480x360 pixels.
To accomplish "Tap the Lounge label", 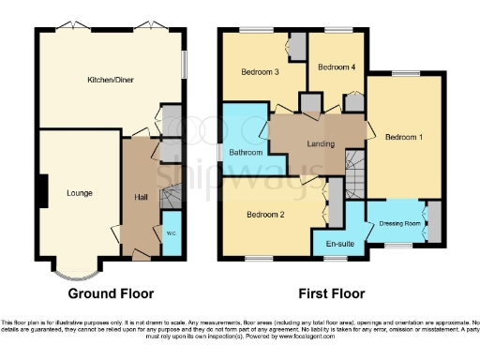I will [x=80, y=193].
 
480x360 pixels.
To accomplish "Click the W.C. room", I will [x=172, y=233].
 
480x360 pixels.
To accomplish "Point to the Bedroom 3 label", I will [x=253, y=71].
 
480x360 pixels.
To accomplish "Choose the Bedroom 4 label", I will [x=336, y=67].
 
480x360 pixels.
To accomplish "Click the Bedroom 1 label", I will [x=404, y=138].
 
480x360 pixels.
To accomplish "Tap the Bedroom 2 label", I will [x=265, y=215].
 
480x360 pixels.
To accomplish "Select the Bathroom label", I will [x=247, y=152].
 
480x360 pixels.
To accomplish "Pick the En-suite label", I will [x=338, y=245].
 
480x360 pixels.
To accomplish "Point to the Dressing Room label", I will [x=397, y=224].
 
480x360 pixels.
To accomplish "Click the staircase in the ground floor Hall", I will [x=170, y=200].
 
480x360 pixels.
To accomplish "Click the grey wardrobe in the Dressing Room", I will [x=433, y=223].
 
